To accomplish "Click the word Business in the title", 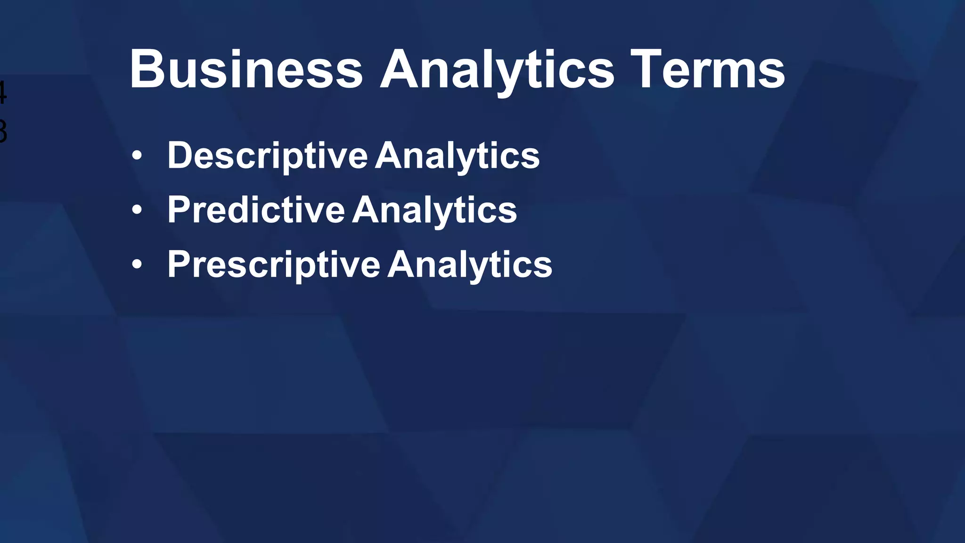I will coord(246,70).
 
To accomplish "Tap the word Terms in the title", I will coord(707,70).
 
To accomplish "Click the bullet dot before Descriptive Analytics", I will coord(137,156).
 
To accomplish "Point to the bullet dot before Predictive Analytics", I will coord(137,210).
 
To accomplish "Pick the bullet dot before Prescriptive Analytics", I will coord(137,264).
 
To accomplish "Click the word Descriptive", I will coord(267,156).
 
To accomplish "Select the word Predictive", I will coord(256,210).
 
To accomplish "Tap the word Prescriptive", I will coord(273,264).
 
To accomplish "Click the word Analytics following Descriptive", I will coord(457,156).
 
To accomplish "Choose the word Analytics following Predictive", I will coord(434,210).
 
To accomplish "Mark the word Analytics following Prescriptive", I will coord(470,264).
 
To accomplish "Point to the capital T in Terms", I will coord(646,70).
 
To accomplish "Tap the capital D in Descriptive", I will coord(179,156).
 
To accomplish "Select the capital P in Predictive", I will coord(178,210).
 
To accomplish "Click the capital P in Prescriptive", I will coord(178,264).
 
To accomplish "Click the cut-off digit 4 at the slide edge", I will coord(2,92).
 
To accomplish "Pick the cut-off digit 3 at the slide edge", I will coord(2,132).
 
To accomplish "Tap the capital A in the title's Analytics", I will coord(401,70).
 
